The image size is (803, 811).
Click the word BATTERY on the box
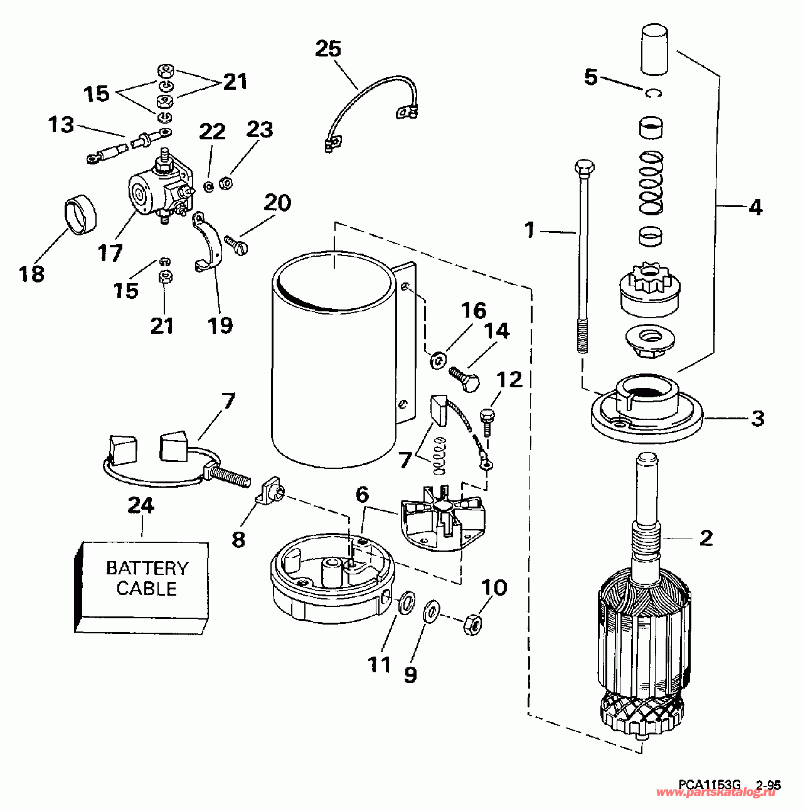(147, 568)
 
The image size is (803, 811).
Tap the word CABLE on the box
(147, 589)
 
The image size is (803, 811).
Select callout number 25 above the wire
(328, 48)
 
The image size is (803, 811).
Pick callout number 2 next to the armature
(706, 538)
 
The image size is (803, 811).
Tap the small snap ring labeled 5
(654, 93)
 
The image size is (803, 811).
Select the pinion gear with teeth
(649, 290)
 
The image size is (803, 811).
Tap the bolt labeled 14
(465, 378)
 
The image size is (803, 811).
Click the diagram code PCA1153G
(710, 785)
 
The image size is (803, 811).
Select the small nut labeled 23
(227, 183)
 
